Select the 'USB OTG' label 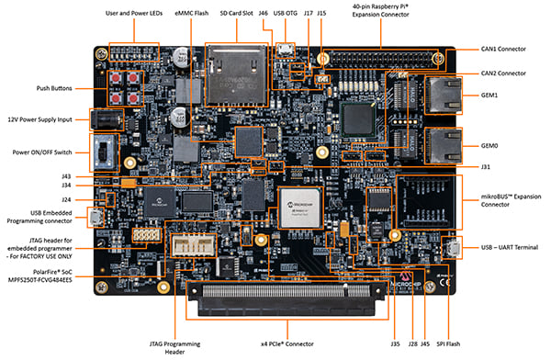point(286,13)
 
